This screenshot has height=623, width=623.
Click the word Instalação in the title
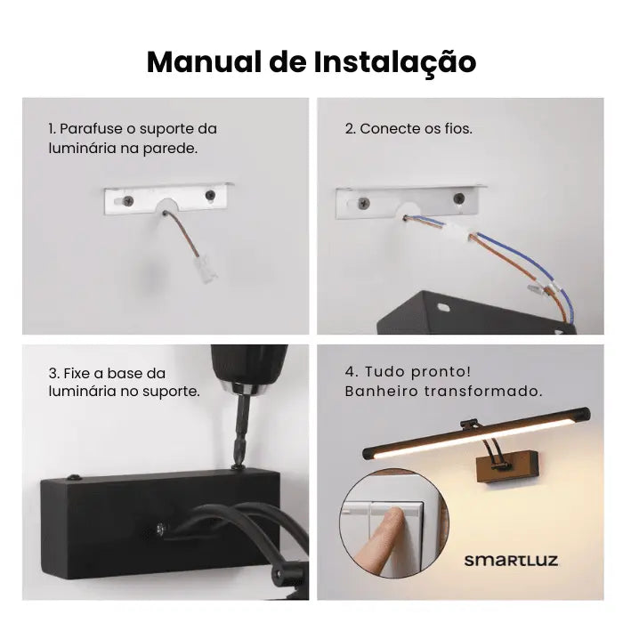(395, 63)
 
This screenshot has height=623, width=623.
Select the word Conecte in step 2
(386, 129)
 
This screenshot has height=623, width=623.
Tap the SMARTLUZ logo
(511, 561)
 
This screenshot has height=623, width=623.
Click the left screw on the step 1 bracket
(128, 200)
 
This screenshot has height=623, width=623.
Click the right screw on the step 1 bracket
(210, 195)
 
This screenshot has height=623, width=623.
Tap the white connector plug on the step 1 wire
(206, 268)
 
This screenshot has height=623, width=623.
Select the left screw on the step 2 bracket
(364, 204)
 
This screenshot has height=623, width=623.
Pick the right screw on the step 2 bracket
(459, 198)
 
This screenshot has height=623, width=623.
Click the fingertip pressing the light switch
(396, 514)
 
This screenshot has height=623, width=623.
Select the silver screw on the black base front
(160, 530)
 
